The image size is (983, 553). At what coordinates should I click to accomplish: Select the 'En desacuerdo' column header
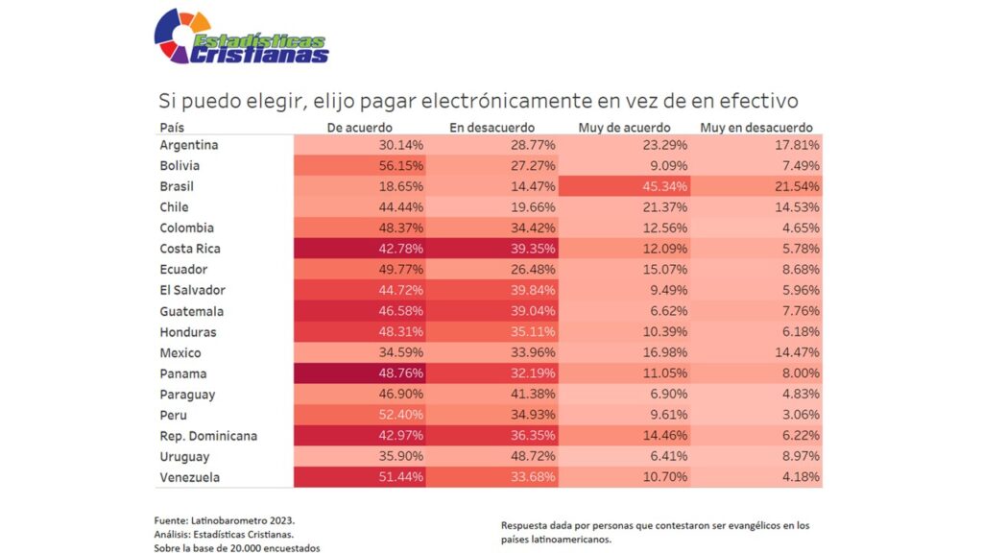[x=491, y=128]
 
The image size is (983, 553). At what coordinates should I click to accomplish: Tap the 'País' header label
[x=172, y=128]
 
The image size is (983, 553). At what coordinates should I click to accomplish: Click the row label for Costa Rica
[x=190, y=249]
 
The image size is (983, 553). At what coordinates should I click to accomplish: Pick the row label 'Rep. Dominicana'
[x=208, y=436]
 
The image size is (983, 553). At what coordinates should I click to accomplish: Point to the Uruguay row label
[x=186, y=457]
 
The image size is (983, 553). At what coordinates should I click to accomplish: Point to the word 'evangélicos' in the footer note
[x=741, y=525]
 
